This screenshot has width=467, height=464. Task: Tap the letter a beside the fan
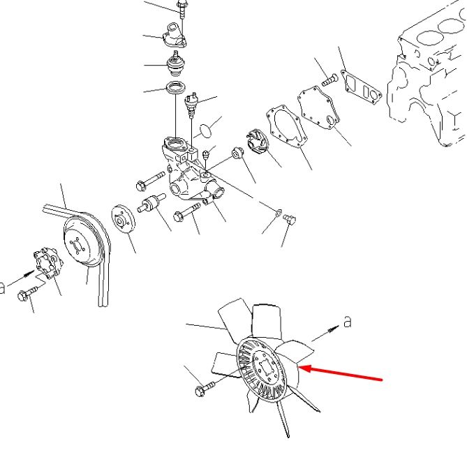(x=347, y=322)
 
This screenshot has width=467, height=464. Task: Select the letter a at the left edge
(x=2, y=287)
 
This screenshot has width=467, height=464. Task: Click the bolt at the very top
(x=181, y=8)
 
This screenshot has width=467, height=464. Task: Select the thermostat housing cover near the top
(x=175, y=35)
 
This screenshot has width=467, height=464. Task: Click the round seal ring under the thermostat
(x=177, y=87)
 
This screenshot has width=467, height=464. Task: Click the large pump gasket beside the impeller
(x=286, y=126)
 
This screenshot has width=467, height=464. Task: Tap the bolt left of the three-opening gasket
(x=330, y=80)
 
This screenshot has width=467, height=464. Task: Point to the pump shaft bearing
(x=152, y=202)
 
